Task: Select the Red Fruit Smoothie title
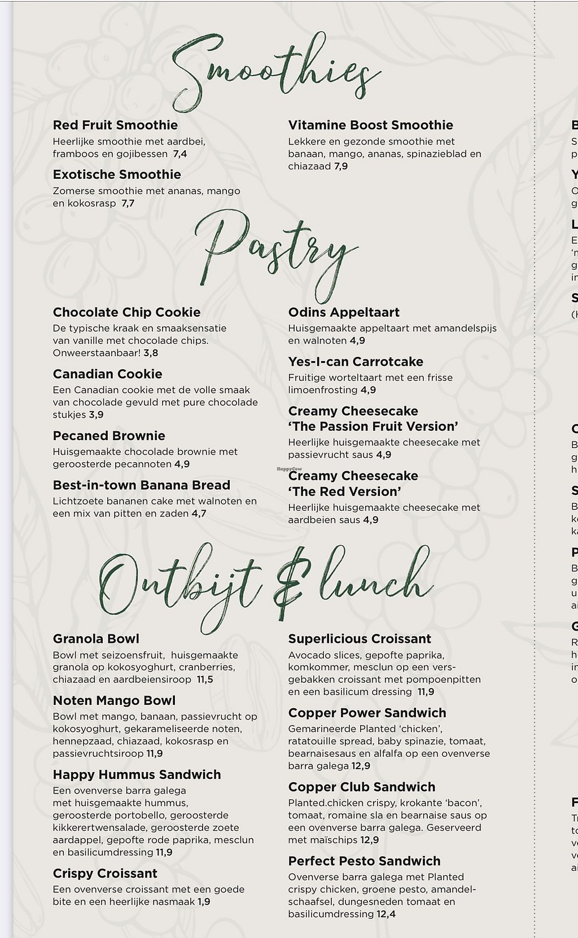click(x=115, y=125)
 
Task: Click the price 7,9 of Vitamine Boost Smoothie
click(x=341, y=166)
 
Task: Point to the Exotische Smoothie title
click(x=117, y=175)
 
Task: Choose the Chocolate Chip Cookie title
click(x=126, y=313)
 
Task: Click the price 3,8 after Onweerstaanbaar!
click(x=151, y=353)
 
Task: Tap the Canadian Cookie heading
click(x=107, y=374)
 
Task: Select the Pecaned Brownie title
click(x=109, y=436)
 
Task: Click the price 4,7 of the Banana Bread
click(x=199, y=514)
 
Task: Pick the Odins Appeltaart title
click(x=344, y=313)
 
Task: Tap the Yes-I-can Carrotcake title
click(x=356, y=362)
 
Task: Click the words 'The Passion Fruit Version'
click(x=373, y=427)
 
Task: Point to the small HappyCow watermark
click(x=289, y=469)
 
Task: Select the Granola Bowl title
click(x=96, y=639)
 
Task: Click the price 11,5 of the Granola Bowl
click(x=205, y=680)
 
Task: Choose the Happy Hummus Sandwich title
click(x=137, y=775)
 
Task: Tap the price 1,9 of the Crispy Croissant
click(x=204, y=902)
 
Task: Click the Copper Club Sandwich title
click(x=362, y=787)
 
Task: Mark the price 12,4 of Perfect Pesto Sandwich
click(x=386, y=914)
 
